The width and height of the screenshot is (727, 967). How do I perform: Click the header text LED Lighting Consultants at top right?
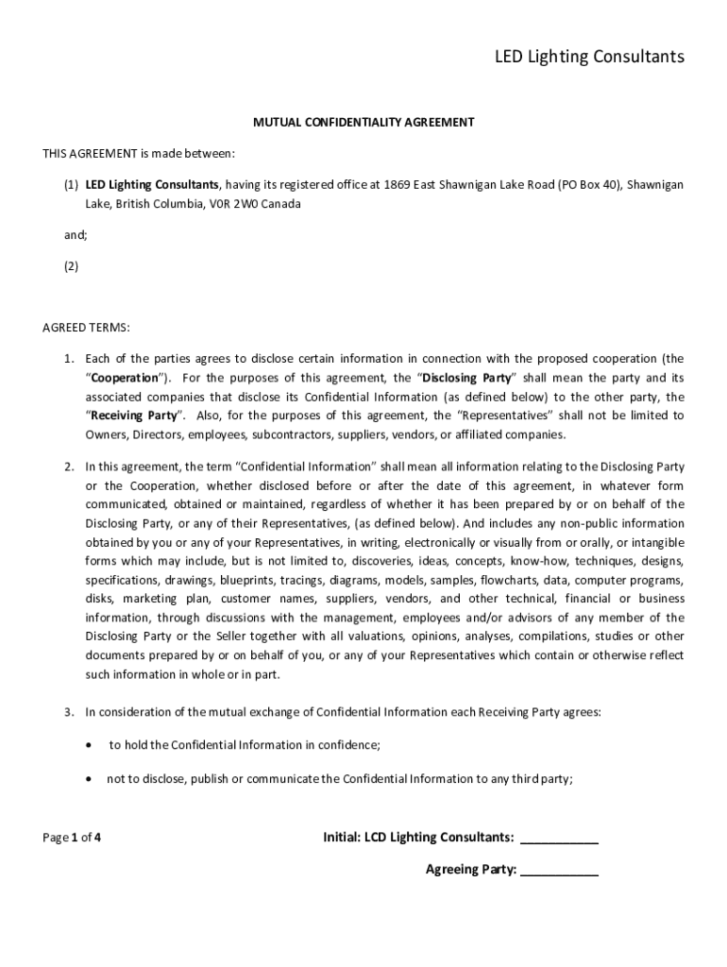[589, 58]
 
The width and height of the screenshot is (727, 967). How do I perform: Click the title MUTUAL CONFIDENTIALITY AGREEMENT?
[363, 122]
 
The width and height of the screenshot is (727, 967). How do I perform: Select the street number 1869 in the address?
[397, 184]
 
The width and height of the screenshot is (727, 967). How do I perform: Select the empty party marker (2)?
[72, 266]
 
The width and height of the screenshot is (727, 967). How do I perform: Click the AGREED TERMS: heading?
[86, 328]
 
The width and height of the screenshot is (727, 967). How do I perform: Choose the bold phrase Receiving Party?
[133, 416]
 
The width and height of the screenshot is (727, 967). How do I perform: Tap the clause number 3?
[69, 712]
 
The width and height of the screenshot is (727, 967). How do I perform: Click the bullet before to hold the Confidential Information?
[89, 745]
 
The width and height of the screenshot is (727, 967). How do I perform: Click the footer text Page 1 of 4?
[72, 837]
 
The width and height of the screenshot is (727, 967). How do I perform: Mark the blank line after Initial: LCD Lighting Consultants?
[559, 839]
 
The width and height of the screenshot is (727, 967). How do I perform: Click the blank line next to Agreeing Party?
[559, 872]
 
